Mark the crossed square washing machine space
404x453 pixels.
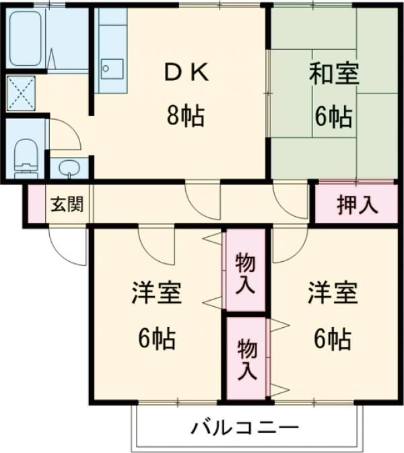pyautogui.click(x=21, y=94)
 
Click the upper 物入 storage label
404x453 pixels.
pyautogui.click(x=245, y=273)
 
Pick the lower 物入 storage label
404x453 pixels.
pyautogui.click(x=245, y=359)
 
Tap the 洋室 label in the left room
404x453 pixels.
pyautogui.click(x=156, y=293)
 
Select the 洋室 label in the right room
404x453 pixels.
pyautogui.click(x=332, y=293)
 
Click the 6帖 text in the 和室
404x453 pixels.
pyautogui.click(x=333, y=117)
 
